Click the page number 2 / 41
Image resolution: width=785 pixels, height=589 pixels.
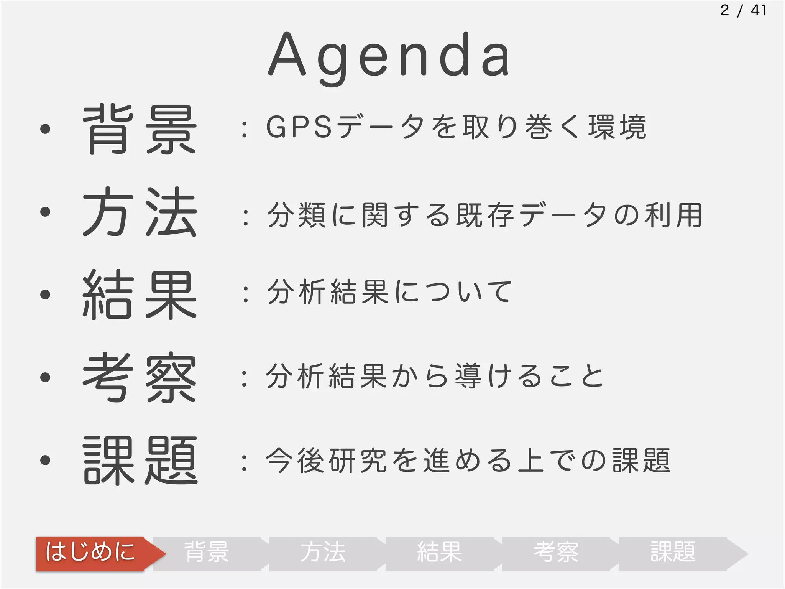coord(743,10)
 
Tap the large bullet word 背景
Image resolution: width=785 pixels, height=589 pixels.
coord(140,129)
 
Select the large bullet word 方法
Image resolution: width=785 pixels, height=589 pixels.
coord(140,212)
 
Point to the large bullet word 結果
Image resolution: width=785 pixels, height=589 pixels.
coord(140,294)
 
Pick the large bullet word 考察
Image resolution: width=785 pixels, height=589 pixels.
coord(140,377)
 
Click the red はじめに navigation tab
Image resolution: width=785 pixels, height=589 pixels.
coord(91,553)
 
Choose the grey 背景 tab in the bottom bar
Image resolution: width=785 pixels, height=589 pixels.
coord(207,553)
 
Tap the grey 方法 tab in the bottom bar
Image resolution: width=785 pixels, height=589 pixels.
coord(323,553)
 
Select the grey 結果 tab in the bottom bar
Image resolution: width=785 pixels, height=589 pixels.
coord(440,553)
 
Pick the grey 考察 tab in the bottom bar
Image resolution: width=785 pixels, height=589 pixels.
coord(556,553)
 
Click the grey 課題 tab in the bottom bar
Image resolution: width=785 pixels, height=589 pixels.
coord(673,553)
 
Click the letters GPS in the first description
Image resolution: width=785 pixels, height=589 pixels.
coord(299,127)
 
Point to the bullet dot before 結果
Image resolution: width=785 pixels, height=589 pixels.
coord(45,294)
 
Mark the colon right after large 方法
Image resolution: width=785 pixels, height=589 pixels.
coord(245,217)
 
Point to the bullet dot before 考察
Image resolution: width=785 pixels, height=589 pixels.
coord(45,377)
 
